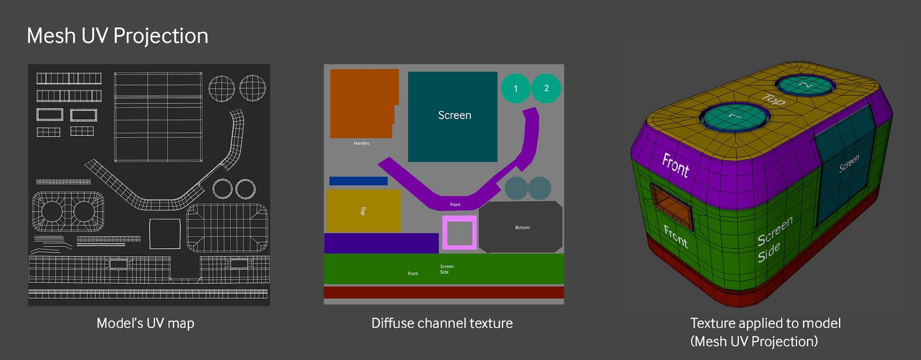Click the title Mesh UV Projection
pyautogui.click(x=117, y=36)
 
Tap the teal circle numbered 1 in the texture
pyautogui.click(x=515, y=88)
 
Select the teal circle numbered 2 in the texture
pyautogui.click(x=546, y=88)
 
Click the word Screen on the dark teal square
pyautogui.click(x=455, y=115)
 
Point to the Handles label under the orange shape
pyautogui.click(x=361, y=143)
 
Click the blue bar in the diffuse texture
pyautogui.click(x=358, y=181)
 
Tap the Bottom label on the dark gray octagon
pyautogui.click(x=522, y=227)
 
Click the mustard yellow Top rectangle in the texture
pyautogui.click(x=363, y=211)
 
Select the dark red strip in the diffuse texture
pyautogui.click(x=444, y=292)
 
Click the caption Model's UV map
pyautogui.click(x=146, y=323)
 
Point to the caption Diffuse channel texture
pyautogui.click(x=442, y=323)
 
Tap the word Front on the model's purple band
pyautogui.click(x=676, y=164)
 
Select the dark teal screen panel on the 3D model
pyautogui.click(x=845, y=163)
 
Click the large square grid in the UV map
pyautogui.click(x=158, y=117)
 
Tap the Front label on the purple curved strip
pyautogui.click(x=455, y=204)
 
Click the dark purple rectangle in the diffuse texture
pyautogui.click(x=381, y=243)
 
